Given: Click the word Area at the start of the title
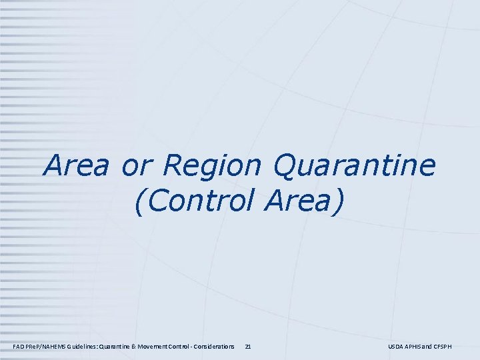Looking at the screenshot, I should [x=74, y=166].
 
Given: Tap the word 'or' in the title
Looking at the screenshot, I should [x=135, y=166].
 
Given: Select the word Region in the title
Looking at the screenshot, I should [x=205, y=166].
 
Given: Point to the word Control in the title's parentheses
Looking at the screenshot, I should [x=204, y=201].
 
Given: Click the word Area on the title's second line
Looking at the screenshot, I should [x=298, y=201].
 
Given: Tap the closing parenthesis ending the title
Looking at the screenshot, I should [x=340, y=201].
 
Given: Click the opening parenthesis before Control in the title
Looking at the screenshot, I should [x=139, y=201].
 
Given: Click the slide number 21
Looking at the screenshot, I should [x=248, y=347].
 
